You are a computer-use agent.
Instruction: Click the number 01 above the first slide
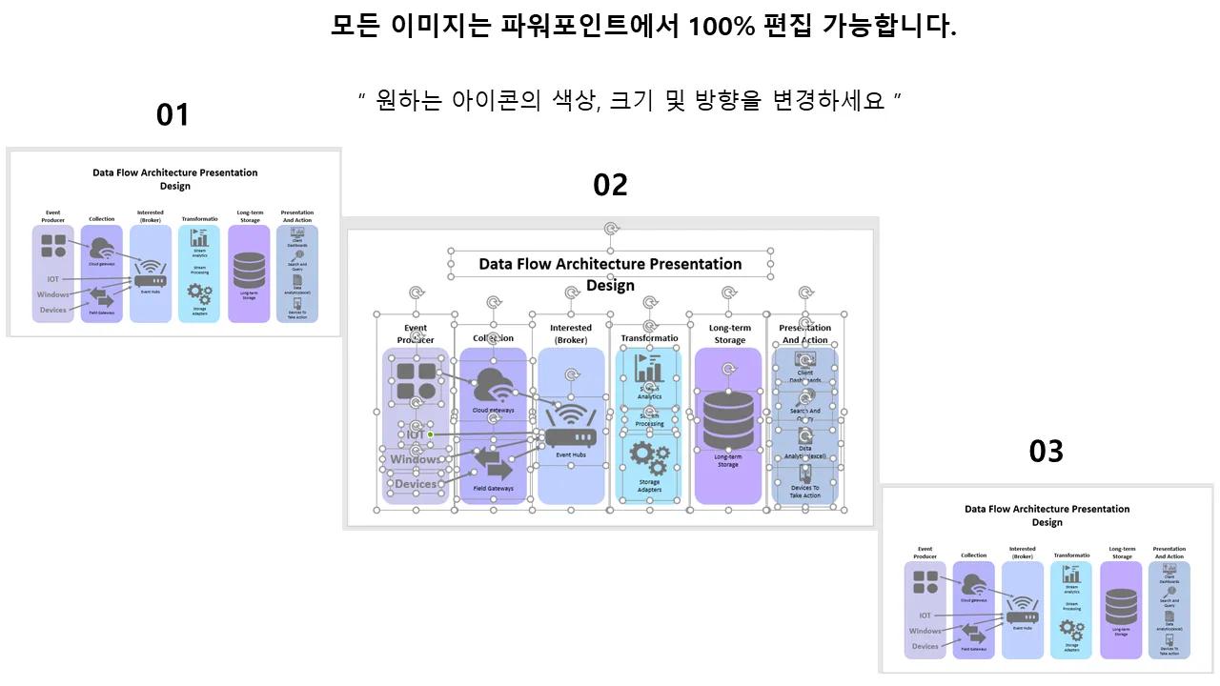(173, 114)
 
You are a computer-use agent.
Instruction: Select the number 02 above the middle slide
(610, 185)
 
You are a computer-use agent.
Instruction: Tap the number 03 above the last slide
(1046, 451)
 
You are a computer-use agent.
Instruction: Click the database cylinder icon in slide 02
(728, 420)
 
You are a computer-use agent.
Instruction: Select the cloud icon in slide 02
(494, 387)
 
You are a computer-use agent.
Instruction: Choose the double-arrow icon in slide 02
(494, 465)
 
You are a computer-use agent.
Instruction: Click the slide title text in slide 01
(174, 179)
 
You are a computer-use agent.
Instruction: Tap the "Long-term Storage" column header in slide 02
(730, 333)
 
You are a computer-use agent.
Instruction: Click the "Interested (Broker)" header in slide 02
(571, 333)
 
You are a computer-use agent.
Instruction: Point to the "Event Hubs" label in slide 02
(570, 455)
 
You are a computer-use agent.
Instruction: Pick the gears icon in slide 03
(1072, 630)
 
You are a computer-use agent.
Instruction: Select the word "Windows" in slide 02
(415, 459)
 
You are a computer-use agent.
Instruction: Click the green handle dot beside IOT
(430, 434)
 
